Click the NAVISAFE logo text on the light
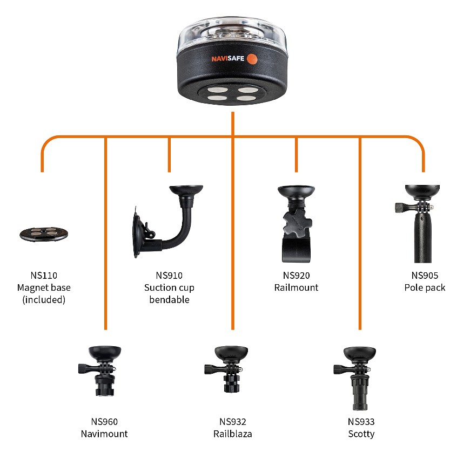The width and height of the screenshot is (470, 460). point(228,58)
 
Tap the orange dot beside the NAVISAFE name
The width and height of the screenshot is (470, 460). point(252,59)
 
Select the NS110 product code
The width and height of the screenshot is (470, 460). point(44,276)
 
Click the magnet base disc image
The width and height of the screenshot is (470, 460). point(44,234)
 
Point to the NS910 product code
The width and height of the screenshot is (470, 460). point(169,276)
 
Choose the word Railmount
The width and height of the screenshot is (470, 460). point(296,287)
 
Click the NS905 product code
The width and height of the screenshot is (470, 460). point(425,276)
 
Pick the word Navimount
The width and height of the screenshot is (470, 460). point(104,434)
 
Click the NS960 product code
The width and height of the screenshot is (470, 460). point(104,422)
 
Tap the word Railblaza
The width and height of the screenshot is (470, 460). point(233,434)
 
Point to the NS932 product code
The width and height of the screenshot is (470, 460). point(233,422)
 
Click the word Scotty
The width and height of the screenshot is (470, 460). point(361,434)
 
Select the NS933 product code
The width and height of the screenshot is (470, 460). point(361,422)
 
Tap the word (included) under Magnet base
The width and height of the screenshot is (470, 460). point(44,300)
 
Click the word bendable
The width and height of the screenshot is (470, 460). point(169,300)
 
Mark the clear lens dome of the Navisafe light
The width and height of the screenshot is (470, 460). point(232,35)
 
